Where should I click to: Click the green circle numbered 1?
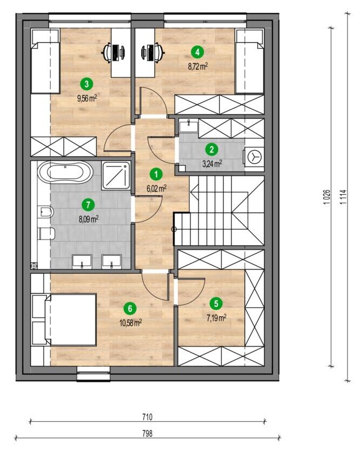[156, 174]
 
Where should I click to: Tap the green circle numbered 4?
[197, 52]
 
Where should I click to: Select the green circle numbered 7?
[88, 205]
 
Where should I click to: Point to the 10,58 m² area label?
[130, 323]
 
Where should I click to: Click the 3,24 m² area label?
[212, 164]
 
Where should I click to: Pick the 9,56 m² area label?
[87, 98]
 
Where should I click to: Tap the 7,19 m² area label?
[216, 318]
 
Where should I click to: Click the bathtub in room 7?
[66, 172]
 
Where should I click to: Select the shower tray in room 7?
[116, 176]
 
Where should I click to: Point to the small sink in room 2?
[189, 127]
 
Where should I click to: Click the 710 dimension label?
[147, 417]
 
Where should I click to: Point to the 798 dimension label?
[147, 433]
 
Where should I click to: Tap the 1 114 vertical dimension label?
[343, 197]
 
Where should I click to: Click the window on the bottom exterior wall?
[94, 374]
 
